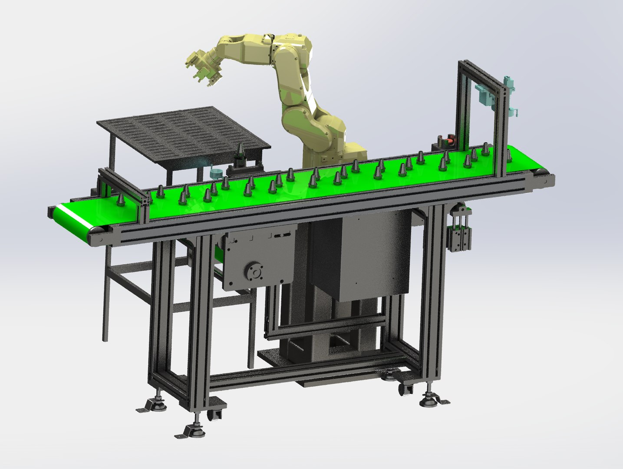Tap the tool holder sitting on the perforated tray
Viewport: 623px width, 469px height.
(x=240, y=152)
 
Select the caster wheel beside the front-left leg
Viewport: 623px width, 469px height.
(x=216, y=414)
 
